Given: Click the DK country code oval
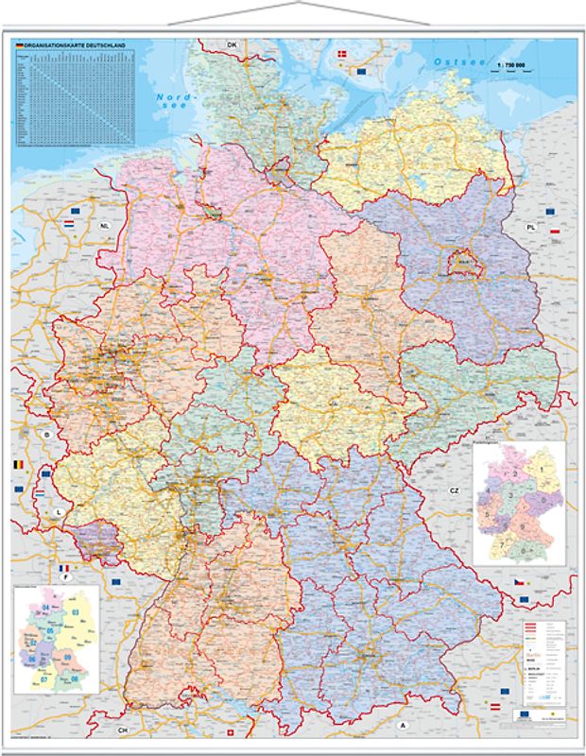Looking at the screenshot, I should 231,44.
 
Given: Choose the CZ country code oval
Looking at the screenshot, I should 454,490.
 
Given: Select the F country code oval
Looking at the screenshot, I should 63,577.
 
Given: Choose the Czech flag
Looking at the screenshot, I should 520,579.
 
